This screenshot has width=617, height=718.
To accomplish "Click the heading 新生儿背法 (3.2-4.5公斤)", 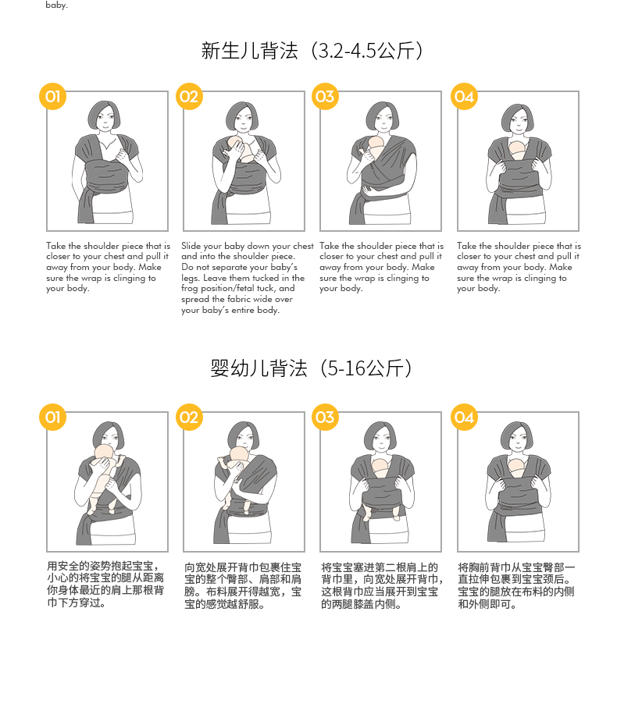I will [x=312, y=52].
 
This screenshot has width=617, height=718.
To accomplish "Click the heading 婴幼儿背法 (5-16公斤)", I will [x=312, y=368].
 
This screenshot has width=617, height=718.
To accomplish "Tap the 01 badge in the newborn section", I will [x=52, y=97].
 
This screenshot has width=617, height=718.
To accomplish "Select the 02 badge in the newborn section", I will [x=189, y=97].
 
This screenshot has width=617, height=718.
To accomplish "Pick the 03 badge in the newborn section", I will [x=325, y=97].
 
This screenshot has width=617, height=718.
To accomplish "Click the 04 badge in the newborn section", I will [x=464, y=97].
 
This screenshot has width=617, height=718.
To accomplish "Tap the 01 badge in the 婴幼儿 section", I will [x=52, y=418].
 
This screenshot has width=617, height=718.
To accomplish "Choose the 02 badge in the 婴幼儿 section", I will [x=189, y=418].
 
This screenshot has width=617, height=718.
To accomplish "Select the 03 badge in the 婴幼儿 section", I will [x=325, y=418].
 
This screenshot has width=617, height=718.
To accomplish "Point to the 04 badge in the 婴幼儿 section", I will [x=464, y=418].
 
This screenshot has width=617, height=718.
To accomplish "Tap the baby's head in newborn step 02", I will [x=236, y=145].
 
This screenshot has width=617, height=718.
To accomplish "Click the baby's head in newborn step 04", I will [x=516, y=149].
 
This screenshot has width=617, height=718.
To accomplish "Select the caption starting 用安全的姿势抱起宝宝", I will [x=105, y=584].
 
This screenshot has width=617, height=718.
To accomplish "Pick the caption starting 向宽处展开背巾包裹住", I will [x=243, y=585].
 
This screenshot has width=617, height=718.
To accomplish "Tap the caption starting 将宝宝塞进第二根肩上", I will [x=380, y=585].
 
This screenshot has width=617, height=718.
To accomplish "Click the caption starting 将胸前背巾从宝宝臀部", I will [x=516, y=585].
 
